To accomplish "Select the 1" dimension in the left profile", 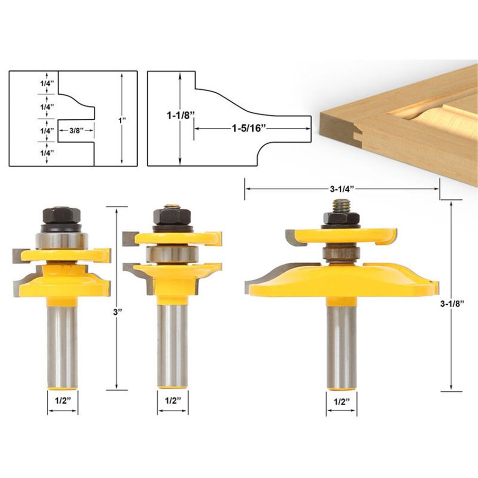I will [122, 120].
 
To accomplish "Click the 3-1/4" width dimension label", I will [342, 188].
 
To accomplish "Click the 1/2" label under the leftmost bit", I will [62, 400].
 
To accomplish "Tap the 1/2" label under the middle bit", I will [173, 400].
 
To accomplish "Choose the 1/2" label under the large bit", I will [341, 401].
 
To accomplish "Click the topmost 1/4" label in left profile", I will [47, 83].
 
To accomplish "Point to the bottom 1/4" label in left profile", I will [47, 152].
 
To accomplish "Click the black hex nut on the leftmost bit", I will [62, 216].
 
